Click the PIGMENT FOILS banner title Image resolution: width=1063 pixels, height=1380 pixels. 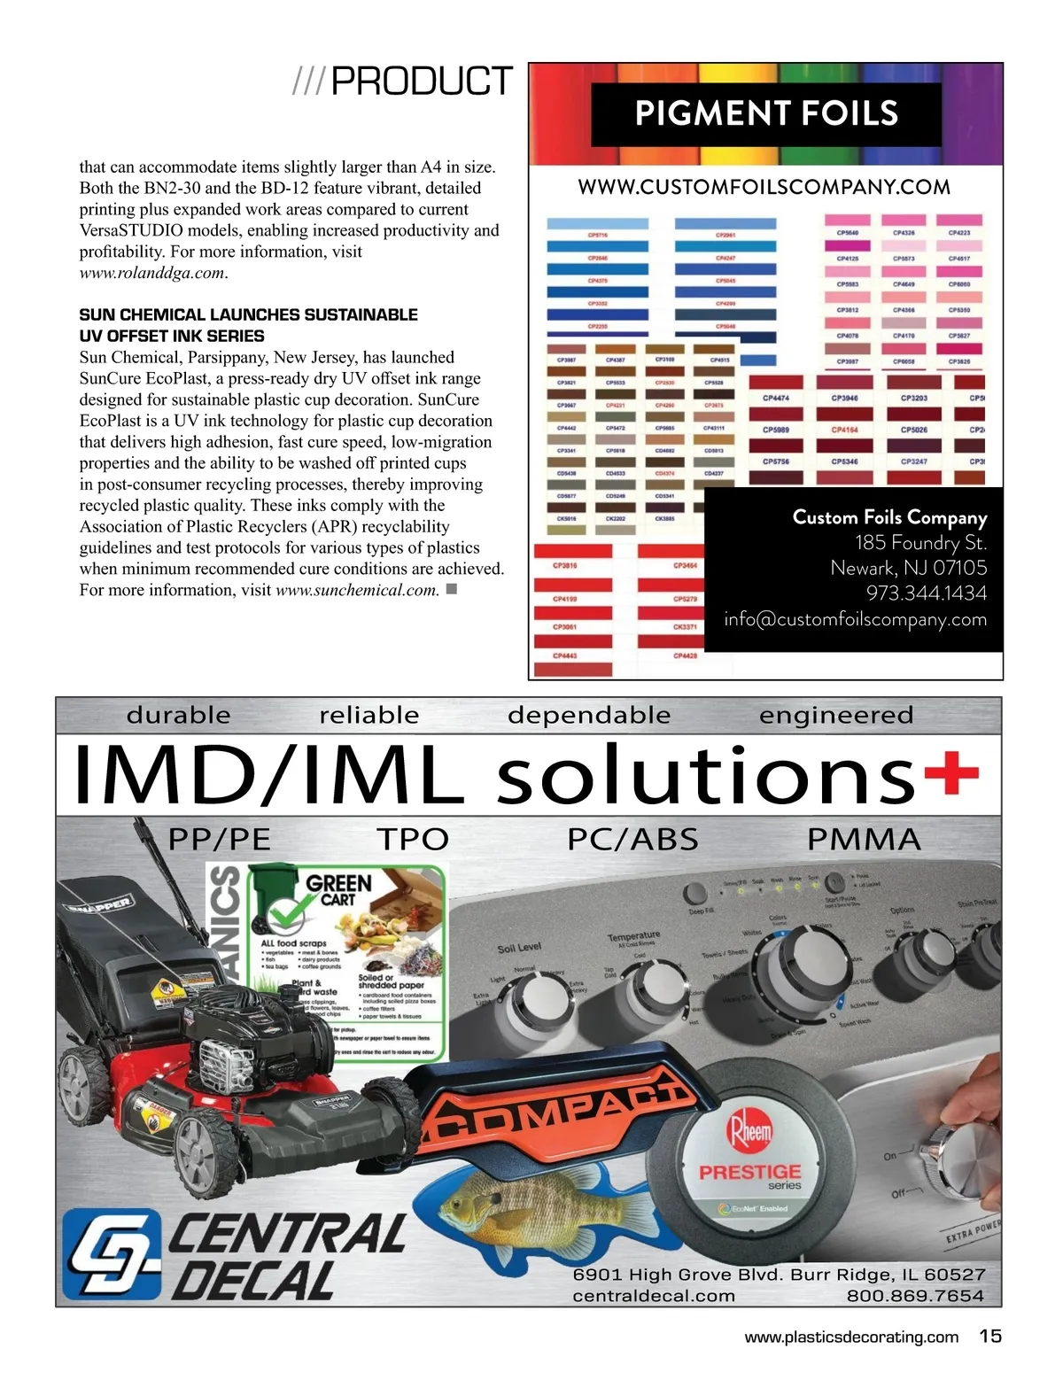click(x=766, y=114)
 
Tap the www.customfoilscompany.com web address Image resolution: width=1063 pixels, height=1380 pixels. click(x=764, y=187)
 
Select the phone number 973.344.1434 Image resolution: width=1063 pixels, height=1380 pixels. click(x=926, y=593)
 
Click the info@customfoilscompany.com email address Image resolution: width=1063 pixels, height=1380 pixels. click(x=855, y=619)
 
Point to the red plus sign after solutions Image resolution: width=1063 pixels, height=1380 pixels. click(x=951, y=772)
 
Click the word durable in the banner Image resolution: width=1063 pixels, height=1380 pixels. click(x=178, y=715)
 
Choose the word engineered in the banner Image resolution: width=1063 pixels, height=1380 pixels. click(x=835, y=715)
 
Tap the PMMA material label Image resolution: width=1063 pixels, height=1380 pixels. click(x=864, y=839)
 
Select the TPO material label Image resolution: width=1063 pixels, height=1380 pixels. click(x=413, y=839)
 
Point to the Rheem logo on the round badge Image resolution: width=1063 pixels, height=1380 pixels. click(x=750, y=1131)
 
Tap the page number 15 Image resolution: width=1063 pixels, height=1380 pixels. click(x=990, y=1336)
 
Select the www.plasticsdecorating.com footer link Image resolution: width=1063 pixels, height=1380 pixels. click(x=851, y=1337)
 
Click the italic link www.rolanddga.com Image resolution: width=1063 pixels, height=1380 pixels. click(x=152, y=273)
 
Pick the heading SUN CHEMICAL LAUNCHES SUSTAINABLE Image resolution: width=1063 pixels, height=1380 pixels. click(x=248, y=314)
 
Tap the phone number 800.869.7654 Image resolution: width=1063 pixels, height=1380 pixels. click(x=915, y=1296)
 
